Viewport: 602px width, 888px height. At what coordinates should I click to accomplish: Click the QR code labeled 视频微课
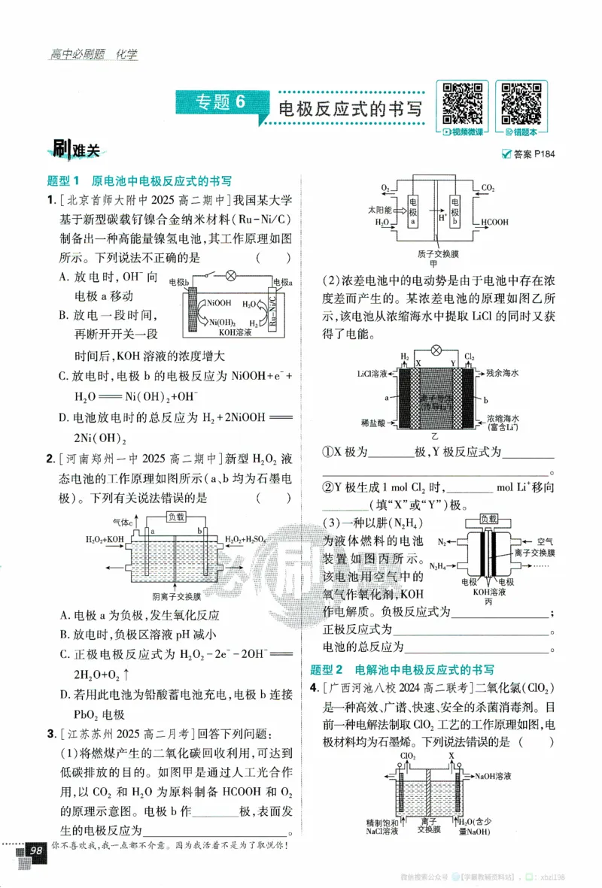coord(463,105)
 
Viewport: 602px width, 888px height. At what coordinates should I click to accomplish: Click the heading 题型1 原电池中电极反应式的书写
coord(138,181)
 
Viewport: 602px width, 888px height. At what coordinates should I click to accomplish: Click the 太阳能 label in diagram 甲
coord(379,207)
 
